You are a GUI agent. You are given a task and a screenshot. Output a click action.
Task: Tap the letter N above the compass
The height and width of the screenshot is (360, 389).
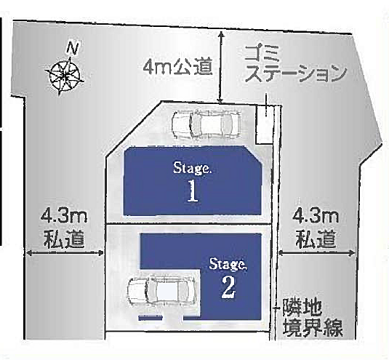[x=71, y=49]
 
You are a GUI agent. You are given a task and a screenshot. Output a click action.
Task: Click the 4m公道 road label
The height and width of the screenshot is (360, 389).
[x=178, y=68]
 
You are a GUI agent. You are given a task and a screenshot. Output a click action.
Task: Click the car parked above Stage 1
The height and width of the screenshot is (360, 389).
[x=205, y=124]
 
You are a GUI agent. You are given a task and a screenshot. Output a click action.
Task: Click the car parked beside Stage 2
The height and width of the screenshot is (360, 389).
[x=162, y=293]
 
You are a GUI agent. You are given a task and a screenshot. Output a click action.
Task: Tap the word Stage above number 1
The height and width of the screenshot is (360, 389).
[x=192, y=167]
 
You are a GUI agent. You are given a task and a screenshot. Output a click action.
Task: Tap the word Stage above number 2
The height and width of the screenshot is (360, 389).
[x=228, y=262]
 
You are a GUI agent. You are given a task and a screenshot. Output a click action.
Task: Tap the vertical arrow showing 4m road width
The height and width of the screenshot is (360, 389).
[x=221, y=67]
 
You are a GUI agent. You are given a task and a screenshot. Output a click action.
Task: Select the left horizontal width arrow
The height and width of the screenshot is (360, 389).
[x=64, y=253]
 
